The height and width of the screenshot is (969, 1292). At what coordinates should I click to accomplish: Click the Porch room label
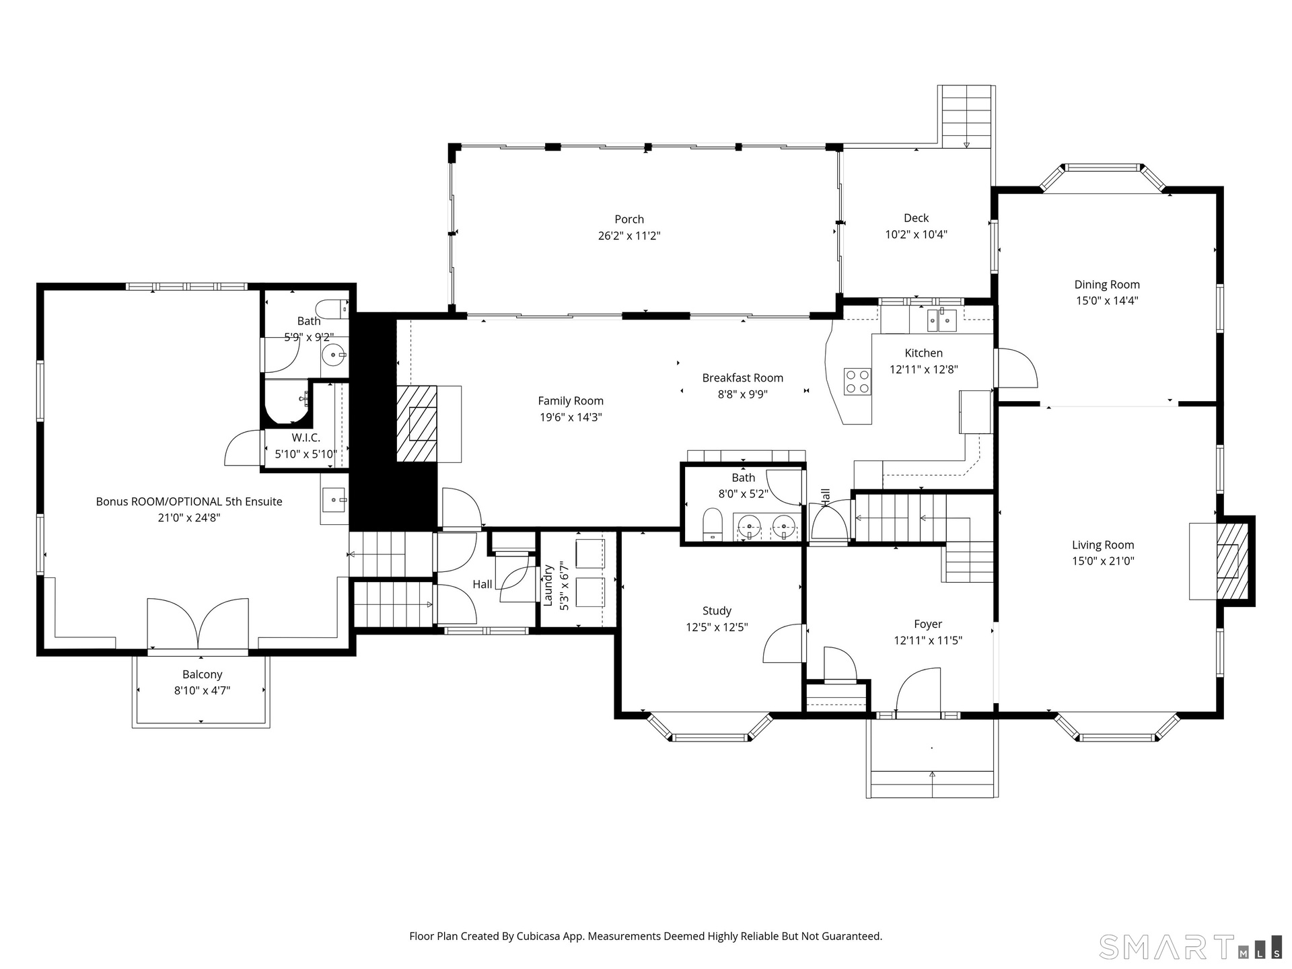point(629,219)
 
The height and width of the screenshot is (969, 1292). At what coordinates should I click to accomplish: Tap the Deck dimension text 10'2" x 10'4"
point(916,235)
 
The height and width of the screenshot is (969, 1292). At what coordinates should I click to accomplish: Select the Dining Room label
point(1107,285)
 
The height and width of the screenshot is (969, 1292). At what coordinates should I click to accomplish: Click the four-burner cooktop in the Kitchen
point(858,382)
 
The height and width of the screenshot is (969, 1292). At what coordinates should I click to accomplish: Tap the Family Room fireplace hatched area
point(417,423)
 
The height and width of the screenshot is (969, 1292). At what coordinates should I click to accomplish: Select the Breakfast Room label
point(743,378)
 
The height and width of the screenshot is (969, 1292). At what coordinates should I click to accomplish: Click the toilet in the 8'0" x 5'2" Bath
point(712,525)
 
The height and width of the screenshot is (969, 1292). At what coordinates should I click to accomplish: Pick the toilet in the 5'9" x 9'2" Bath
point(332,309)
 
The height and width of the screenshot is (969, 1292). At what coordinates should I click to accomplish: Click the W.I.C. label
point(306,438)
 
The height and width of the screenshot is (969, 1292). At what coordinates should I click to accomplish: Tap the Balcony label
point(203,675)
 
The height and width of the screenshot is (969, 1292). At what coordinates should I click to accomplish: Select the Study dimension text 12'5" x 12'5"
point(717,628)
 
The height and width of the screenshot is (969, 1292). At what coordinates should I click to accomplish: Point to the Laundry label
point(548,585)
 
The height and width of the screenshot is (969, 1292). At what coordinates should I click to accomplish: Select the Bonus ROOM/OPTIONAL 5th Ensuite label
point(189,502)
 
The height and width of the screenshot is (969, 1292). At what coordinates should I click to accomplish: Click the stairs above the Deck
point(966,116)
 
